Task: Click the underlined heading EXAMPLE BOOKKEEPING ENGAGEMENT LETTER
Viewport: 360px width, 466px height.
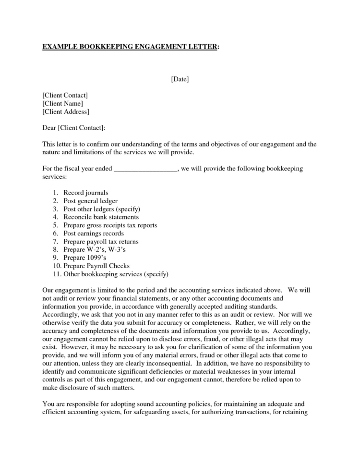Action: click(x=131, y=47)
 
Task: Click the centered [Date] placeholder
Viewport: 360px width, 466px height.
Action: click(x=180, y=78)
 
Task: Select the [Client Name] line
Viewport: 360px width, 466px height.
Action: click(x=62, y=103)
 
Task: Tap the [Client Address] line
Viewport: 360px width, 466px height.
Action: click(x=66, y=111)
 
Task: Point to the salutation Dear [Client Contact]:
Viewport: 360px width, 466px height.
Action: click(x=73, y=128)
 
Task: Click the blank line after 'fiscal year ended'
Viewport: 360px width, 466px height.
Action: click(x=146, y=169)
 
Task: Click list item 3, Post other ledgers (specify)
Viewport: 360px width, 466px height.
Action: click(x=101, y=209)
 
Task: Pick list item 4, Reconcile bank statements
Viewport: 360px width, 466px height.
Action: click(x=98, y=217)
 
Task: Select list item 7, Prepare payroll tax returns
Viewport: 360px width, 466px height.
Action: click(x=101, y=242)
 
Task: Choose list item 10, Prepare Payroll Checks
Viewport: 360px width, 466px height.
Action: click(x=96, y=266)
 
